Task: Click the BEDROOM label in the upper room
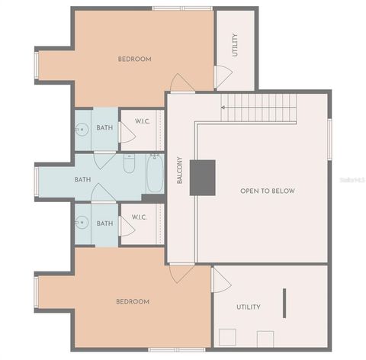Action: tap(134, 59)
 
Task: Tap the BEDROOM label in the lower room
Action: tap(132, 302)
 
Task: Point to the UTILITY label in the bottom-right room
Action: tap(248, 307)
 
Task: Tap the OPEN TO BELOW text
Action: tap(267, 191)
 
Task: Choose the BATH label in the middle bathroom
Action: tap(82, 180)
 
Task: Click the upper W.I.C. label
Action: tap(143, 122)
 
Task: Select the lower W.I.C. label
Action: tap(139, 217)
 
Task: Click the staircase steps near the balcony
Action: tap(258, 107)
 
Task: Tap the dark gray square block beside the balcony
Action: tap(203, 177)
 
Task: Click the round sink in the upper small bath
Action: tap(82, 130)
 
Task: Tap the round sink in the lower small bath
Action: tap(82, 223)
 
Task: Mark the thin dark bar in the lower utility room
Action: tap(284, 303)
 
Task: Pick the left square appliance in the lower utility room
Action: tap(226, 336)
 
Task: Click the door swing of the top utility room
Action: tap(222, 76)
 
